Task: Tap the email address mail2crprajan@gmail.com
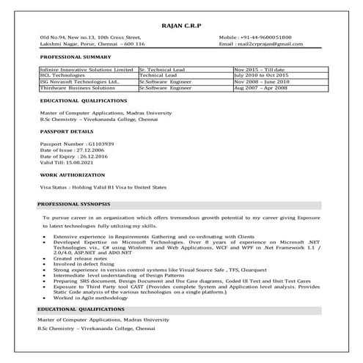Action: tap(274, 44)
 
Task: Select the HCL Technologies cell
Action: tap(65, 75)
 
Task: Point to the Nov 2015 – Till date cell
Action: tap(262, 69)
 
